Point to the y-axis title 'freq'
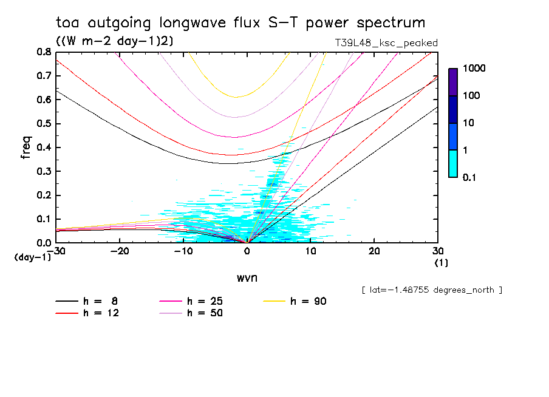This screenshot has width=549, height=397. pos(26,148)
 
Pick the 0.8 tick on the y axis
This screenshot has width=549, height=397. pos(44,52)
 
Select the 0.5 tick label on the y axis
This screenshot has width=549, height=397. pos(44,124)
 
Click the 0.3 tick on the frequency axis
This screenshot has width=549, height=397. pos(44,171)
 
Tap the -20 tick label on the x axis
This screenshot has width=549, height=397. pos(120,251)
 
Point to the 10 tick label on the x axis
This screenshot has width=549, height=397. pos(310,251)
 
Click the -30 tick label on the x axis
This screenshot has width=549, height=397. pos(56,251)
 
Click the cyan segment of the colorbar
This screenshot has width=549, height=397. pos(453,163)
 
